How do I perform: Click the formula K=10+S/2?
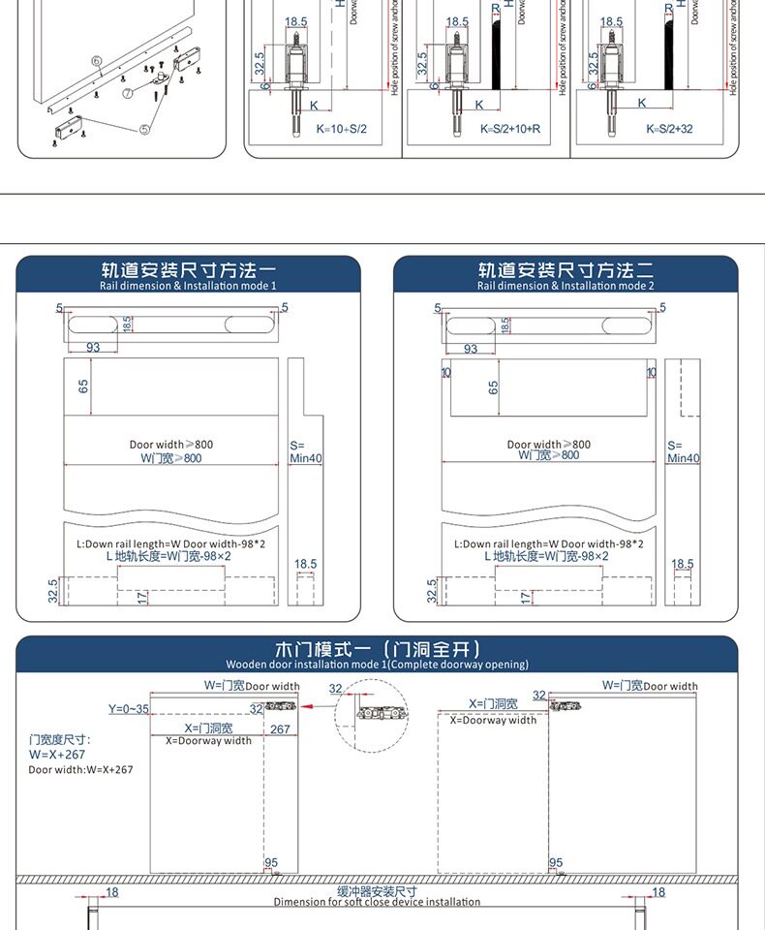pyautogui.click(x=342, y=129)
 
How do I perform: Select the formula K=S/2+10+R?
pyautogui.click(x=510, y=129)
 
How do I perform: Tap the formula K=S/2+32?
pyautogui.click(x=669, y=129)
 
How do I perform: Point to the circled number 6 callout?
pyautogui.click(x=97, y=62)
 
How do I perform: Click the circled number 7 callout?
pyautogui.click(x=127, y=94)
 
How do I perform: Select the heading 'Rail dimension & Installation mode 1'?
pyautogui.click(x=188, y=286)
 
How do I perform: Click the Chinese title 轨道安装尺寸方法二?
pyautogui.click(x=566, y=269)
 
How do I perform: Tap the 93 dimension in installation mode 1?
pyautogui.click(x=93, y=348)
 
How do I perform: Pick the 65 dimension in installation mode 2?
pyautogui.click(x=494, y=387)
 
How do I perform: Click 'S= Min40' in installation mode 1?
pyautogui.click(x=304, y=451)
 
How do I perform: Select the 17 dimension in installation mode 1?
pyautogui.click(x=142, y=598)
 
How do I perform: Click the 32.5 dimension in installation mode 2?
pyautogui.click(x=432, y=590)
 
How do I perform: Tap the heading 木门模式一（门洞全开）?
pyautogui.click(x=377, y=649)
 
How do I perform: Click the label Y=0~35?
pyautogui.click(x=129, y=708)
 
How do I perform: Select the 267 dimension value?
pyautogui.click(x=280, y=729)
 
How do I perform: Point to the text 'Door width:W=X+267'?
pyautogui.click(x=80, y=769)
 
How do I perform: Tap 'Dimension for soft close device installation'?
pyautogui.click(x=377, y=902)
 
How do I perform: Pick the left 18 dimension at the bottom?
pyautogui.click(x=112, y=892)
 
